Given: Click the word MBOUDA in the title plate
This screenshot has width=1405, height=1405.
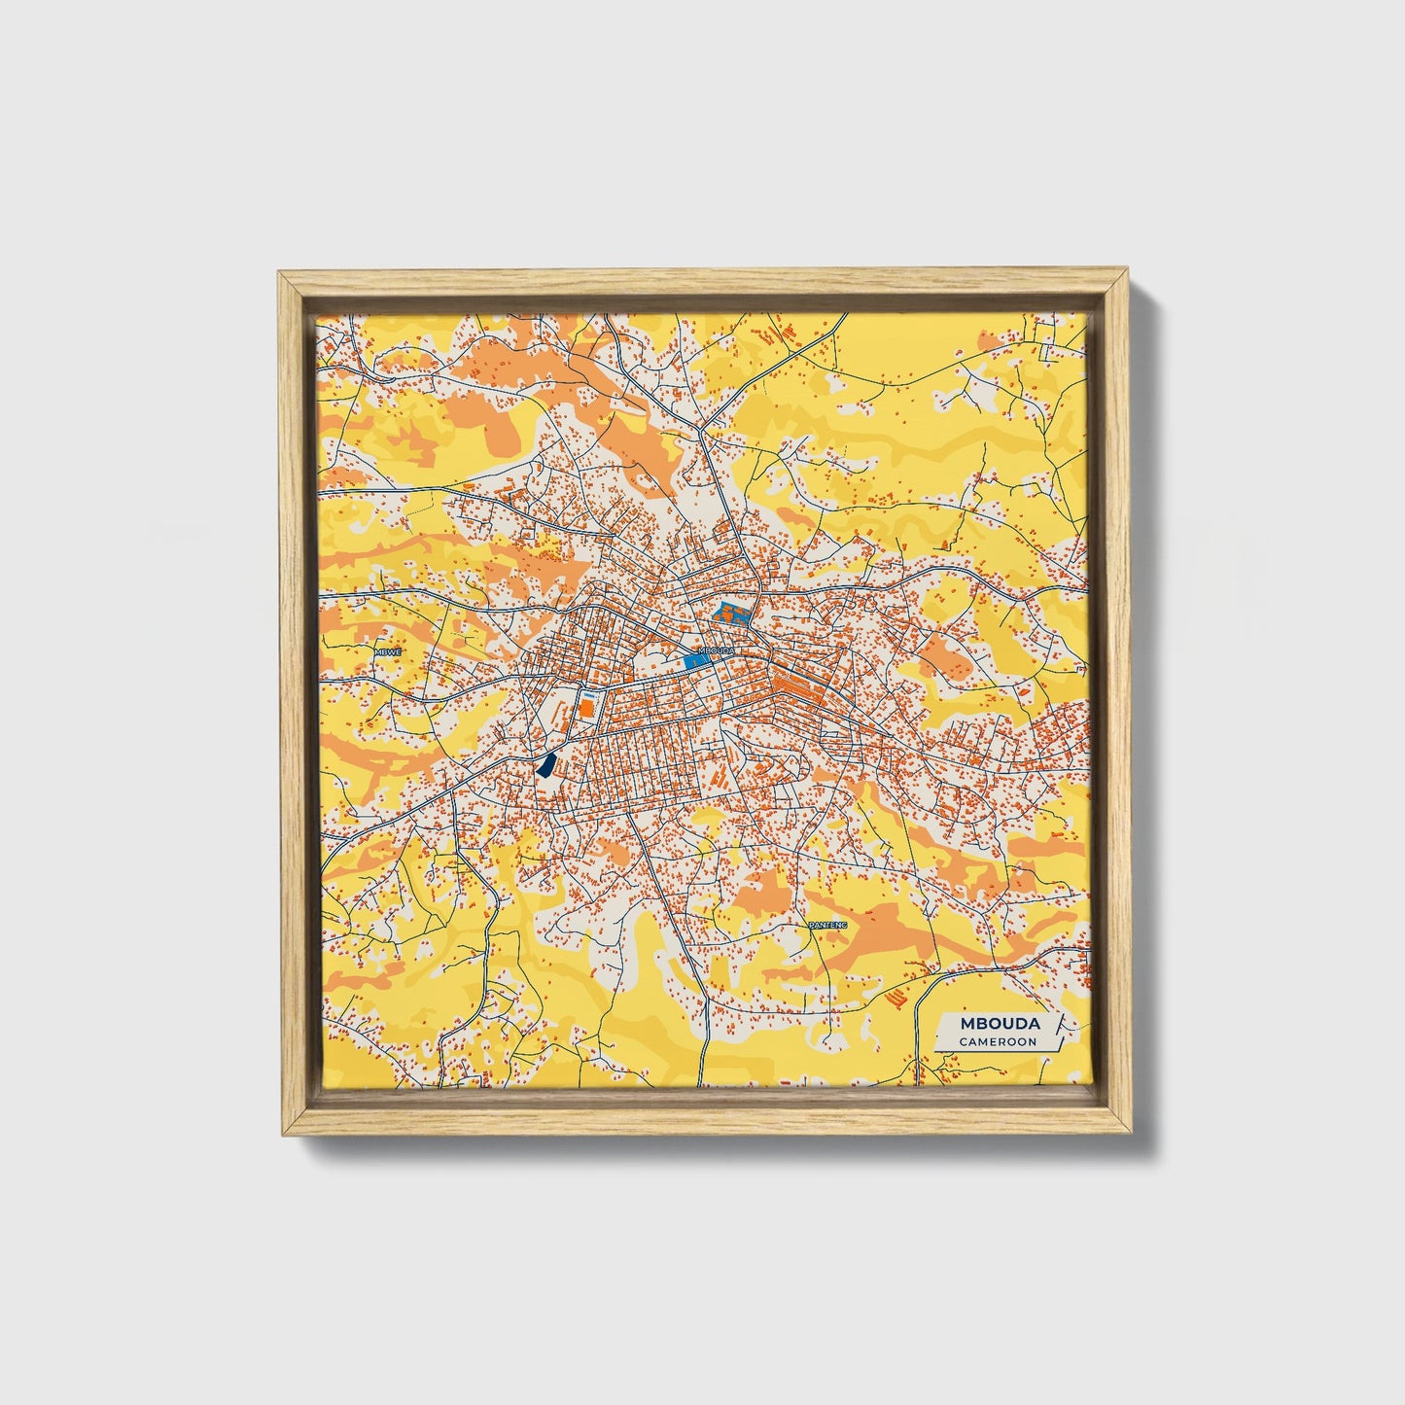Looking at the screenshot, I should [x=1000, y=1024].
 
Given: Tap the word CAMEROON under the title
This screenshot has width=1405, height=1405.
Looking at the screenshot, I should [x=997, y=1041].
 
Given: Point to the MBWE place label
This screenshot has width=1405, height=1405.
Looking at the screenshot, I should [x=387, y=652].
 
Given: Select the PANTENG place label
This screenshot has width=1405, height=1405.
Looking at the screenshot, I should [x=827, y=925].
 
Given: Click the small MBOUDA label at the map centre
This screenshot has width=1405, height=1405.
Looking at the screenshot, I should [x=717, y=650].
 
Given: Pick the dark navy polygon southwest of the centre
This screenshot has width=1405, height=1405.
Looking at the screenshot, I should [x=547, y=765].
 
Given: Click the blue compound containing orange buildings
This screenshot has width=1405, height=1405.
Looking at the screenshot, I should [x=733, y=614].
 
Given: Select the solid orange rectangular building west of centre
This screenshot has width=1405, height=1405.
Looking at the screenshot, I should [x=586, y=706].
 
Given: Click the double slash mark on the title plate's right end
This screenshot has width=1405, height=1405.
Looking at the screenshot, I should [x=1056, y=1024].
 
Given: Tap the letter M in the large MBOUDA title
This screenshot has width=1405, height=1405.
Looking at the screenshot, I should [x=966, y=1024].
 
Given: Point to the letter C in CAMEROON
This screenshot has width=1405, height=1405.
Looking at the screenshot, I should [x=962, y=1041].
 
